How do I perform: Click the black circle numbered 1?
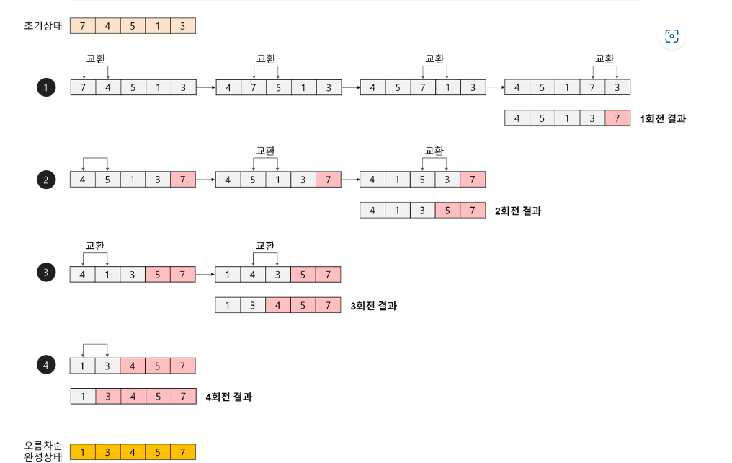pos(46,88)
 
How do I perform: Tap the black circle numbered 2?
pos(46,180)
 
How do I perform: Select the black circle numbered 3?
pos(46,273)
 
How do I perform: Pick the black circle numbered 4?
pos(46,366)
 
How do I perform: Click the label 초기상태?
pos(43,27)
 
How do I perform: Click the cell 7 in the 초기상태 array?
pos(83,27)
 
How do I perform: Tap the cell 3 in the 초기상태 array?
pos(183,27)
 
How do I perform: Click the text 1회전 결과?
pos(663,118)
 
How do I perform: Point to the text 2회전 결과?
pos(517,211)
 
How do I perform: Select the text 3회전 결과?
pos(373,306)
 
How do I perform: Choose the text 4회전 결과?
pos(228,397)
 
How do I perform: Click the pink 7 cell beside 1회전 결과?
pos(617,118)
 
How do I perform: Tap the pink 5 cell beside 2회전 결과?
pos(447,211)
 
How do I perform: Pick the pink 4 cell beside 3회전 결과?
pos(277,306)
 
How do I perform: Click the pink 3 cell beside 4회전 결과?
pos(108,397)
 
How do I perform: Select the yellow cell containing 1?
pos(83,452)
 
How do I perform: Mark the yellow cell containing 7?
pos(183,452)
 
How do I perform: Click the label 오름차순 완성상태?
pos(43,451)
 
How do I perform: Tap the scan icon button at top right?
pos(671,36)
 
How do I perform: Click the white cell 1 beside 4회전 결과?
pos(83,397)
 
